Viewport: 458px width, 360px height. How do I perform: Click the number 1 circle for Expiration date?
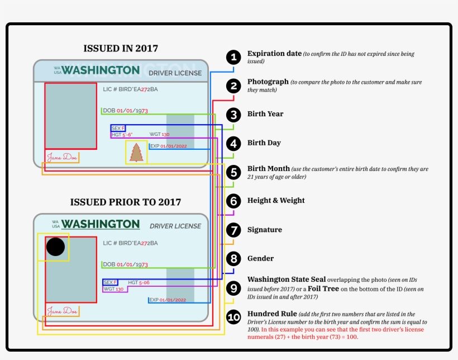click(x=233, y=56)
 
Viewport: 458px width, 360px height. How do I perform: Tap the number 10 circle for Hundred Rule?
click(x=233, y=318)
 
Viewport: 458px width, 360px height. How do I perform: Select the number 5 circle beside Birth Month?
click(x=233, y=172)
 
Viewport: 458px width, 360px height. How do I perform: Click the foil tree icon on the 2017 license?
click(x=136, y=152)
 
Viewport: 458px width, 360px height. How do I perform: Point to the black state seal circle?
click(x=55, y=247)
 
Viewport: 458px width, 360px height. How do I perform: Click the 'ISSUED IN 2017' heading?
click(x=120, y=48)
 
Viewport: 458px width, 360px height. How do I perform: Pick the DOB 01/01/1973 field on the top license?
click(x=125, y=111)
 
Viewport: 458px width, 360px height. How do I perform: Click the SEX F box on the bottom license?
click(x=111, y=282)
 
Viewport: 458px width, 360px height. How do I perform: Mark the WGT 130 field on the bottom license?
click(x=113, y=289)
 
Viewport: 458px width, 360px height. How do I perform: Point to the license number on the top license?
click(x=130, y=89)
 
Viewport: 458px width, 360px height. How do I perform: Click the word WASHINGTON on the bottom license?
click(x=101, y=224)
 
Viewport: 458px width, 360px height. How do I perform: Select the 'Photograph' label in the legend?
click(x=268, y=82)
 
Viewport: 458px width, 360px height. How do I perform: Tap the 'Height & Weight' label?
click(x=276, y=200)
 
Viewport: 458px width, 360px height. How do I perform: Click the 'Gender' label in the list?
click(x=260, y=258)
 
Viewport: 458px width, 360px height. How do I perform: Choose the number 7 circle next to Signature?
click(x=233, y=230)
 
